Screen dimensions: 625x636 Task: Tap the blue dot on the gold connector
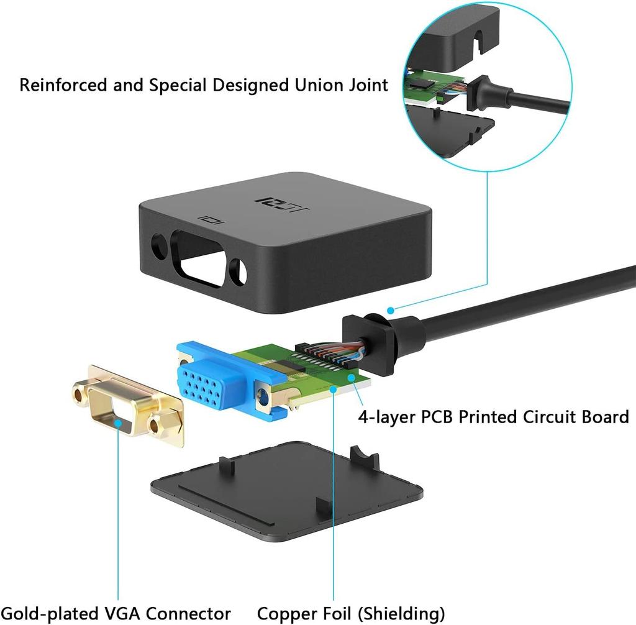[117, 422]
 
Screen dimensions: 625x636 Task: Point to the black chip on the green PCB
[292, 366]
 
